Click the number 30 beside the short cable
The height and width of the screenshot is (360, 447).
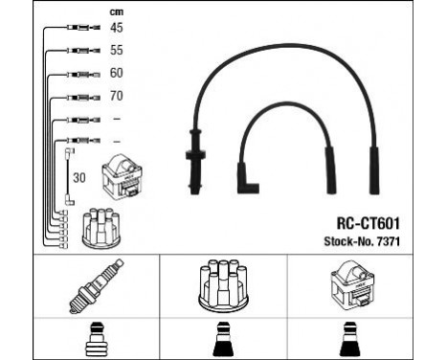click(x=80, y=177)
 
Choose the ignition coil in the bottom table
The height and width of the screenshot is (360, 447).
click(x=356, y=286)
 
